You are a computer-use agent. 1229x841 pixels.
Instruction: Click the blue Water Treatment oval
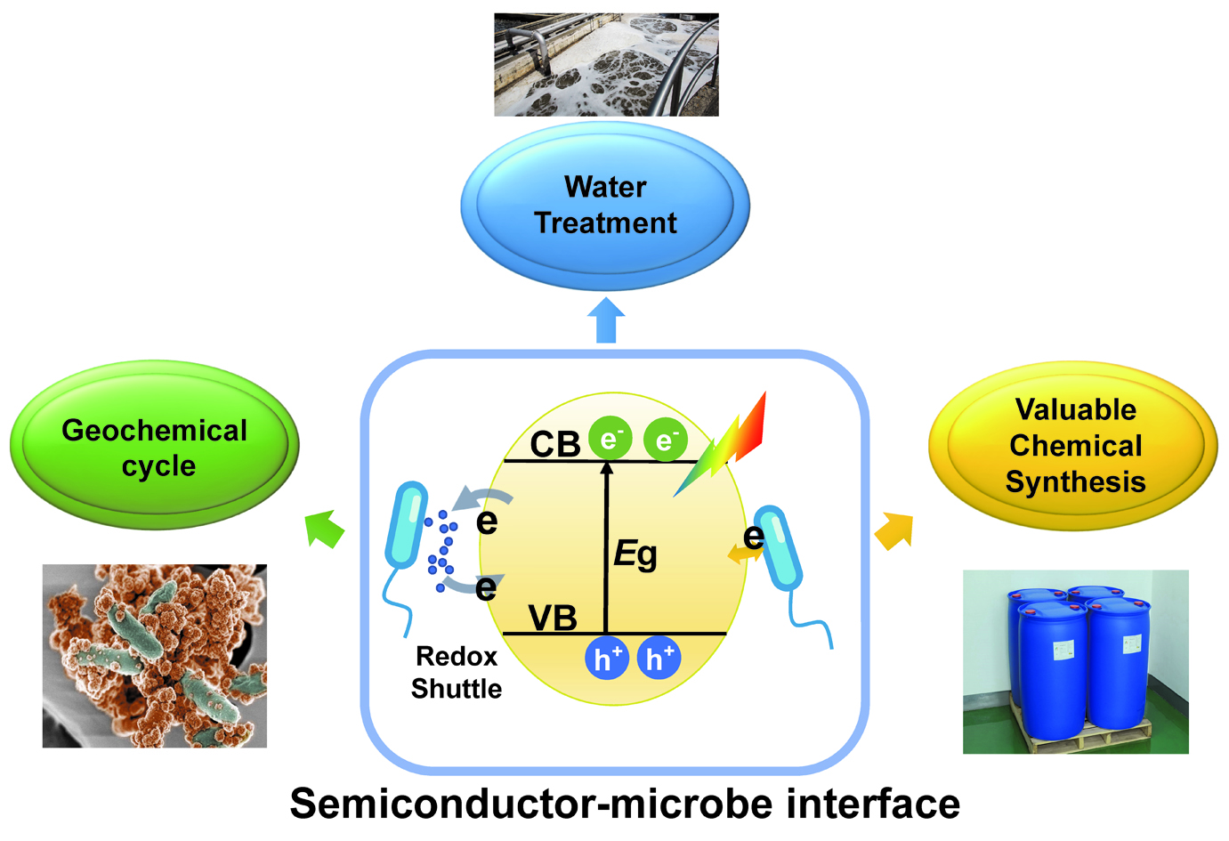pos(605,206)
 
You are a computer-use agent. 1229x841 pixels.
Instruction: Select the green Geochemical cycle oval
pos(154,445)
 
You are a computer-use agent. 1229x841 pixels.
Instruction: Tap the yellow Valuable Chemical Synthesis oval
pos(1073,445)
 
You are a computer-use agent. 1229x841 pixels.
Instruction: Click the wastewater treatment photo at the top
pos(606,64)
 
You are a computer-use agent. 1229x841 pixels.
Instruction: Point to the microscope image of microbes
pos(154,656)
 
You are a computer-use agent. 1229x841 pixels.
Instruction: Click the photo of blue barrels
pos(1075,661)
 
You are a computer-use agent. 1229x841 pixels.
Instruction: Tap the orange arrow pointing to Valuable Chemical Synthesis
pos(894,530)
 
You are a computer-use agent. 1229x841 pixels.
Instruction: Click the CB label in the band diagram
pos(555,444)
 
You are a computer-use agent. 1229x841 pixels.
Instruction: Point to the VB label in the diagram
pos(553,618)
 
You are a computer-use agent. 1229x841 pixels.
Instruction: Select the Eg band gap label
pos(635,554)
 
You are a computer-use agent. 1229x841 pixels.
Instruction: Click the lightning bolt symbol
pos(723,442)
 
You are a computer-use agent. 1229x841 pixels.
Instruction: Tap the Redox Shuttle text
pos(457,673)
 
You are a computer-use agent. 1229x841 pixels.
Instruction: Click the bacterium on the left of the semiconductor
pos(406,525)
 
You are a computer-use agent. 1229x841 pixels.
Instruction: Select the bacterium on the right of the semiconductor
pos(779,548)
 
